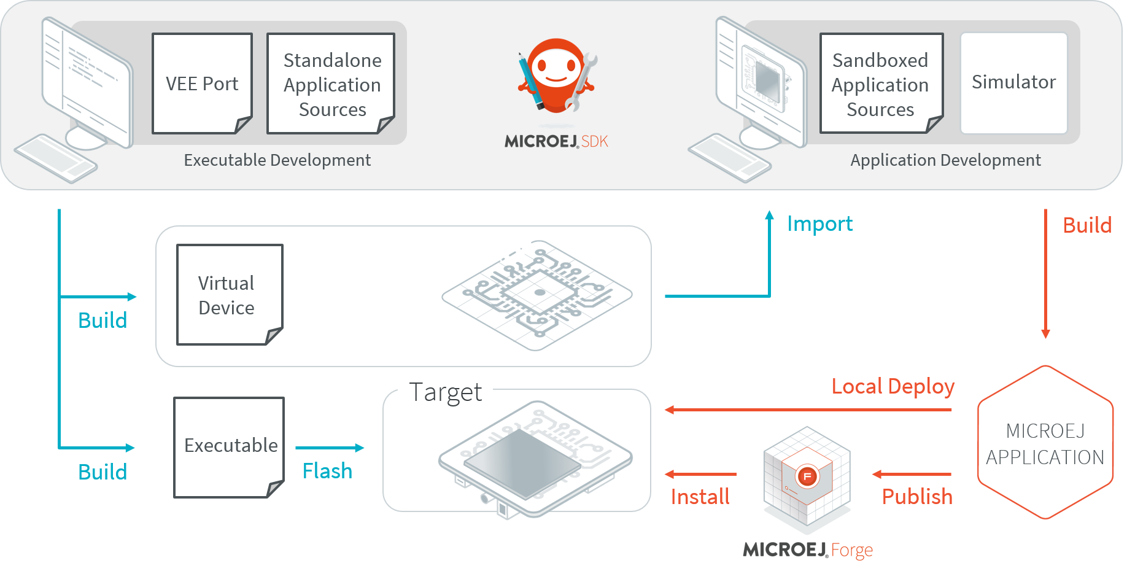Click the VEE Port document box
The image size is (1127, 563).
[202, 83]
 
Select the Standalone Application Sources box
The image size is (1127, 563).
[331, 83]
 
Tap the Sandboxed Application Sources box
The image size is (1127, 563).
[881, 83]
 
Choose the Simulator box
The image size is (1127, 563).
[1013, 82]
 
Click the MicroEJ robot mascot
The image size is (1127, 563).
[556, 77]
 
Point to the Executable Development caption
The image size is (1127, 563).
[277, 160]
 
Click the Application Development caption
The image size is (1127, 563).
[945, 160]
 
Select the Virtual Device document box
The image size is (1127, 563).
[229, 295]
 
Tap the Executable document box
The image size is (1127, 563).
[229, 446]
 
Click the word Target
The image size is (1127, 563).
[446, 392]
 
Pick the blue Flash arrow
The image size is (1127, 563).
[330, 448]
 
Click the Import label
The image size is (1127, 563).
[819, 223]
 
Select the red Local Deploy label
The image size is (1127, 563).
[893, 386]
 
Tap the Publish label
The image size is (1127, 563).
[917, 496]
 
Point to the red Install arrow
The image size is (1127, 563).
[700, 474]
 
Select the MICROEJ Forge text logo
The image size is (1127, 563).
[808, 549]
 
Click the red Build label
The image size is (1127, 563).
[1086, 225]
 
